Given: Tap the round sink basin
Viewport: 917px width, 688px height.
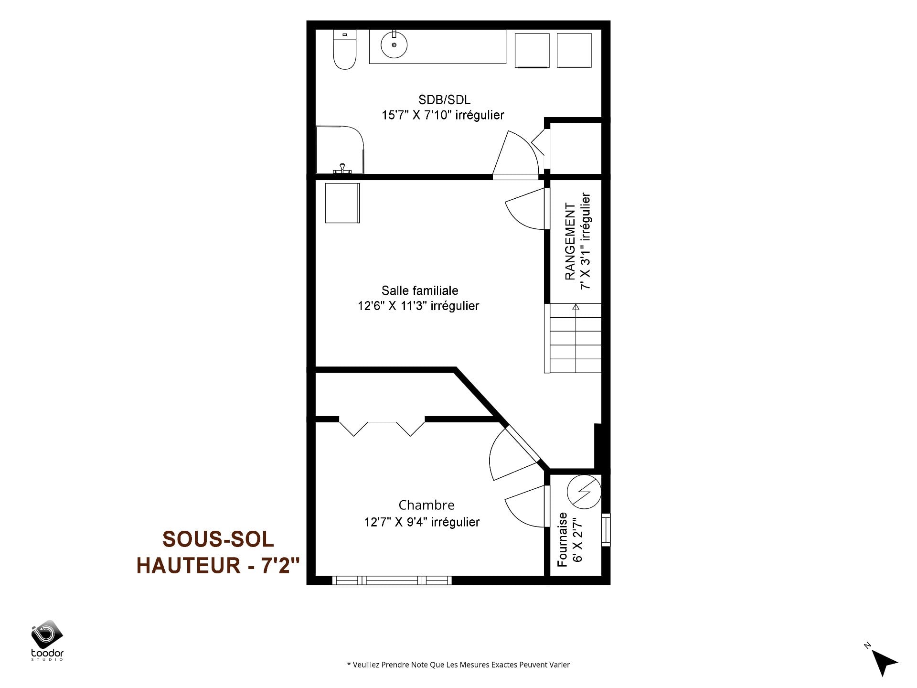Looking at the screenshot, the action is pyautogui.click(x=394, y=45).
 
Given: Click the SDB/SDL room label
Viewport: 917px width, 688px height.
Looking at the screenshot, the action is pyautogui.click(x=444, y=100).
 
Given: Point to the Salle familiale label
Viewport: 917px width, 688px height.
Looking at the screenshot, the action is pyautogui.click(x=420, y=290).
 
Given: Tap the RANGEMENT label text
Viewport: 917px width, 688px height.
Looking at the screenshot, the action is pyautogui.click(x=570, y=241).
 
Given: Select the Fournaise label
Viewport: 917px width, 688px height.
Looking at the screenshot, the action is pyautogui.click(x=563, y=539).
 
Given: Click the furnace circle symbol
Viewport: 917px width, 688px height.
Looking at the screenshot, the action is pyautogui.click(x=584, y=492).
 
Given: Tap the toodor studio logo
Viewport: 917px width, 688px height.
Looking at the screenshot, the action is pyautogui.click(x=47, y=640).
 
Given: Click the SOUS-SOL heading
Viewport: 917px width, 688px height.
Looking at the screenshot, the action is pyautogui.click(x=218, y=539).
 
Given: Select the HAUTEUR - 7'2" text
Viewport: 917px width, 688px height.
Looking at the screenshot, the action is pyautogui.click(x=218, y=565).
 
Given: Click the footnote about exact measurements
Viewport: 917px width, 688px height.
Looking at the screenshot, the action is pyautogui.click(x=458, y=665).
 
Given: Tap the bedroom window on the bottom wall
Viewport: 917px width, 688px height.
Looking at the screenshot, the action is pyautogui.click(x=392, y=580).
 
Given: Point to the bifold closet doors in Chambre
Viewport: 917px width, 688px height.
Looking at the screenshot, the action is pyautogui.click(x=382, y=427).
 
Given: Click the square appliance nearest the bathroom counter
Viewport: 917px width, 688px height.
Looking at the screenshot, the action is pyautogui.click(x=532, y=50).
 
